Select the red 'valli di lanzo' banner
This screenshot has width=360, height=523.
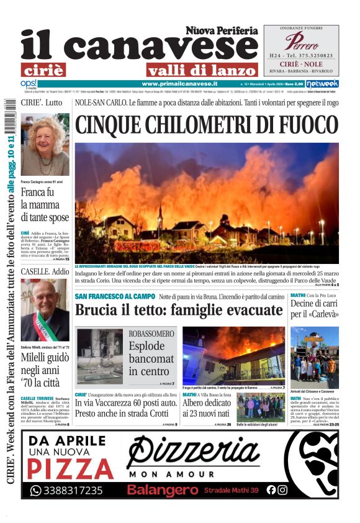[202, 70]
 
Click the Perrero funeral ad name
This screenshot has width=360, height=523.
[301, 42]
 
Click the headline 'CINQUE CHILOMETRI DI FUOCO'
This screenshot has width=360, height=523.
[205, 124]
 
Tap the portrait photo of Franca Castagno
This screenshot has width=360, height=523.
[45, 145]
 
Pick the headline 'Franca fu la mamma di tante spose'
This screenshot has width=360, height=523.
[45, 204]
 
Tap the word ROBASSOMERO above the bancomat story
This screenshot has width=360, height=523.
[151, 334]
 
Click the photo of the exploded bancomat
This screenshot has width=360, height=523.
[100, 356]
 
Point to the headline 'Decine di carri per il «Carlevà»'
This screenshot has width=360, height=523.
[314, 309]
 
